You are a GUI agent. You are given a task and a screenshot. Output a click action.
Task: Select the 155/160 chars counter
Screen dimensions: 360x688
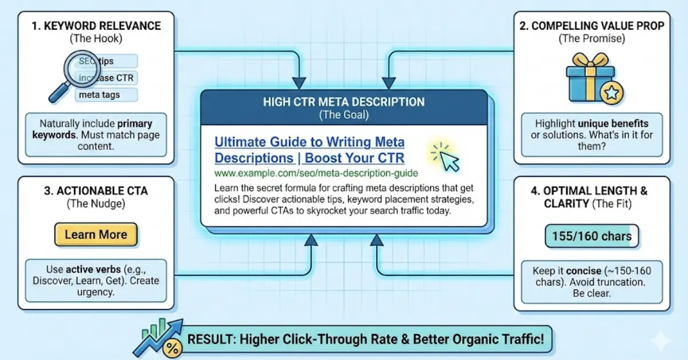tap(591, 236)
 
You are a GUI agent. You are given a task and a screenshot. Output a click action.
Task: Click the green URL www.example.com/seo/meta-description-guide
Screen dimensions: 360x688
tap(316, 172)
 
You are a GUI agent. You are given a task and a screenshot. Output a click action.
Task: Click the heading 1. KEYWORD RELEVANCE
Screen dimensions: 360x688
tap(95, 26)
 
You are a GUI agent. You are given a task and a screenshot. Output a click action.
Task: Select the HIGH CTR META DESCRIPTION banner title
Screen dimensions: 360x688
tap(344, 102)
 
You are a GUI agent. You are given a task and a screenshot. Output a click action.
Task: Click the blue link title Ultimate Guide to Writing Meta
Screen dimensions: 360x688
tap(309, 142)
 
